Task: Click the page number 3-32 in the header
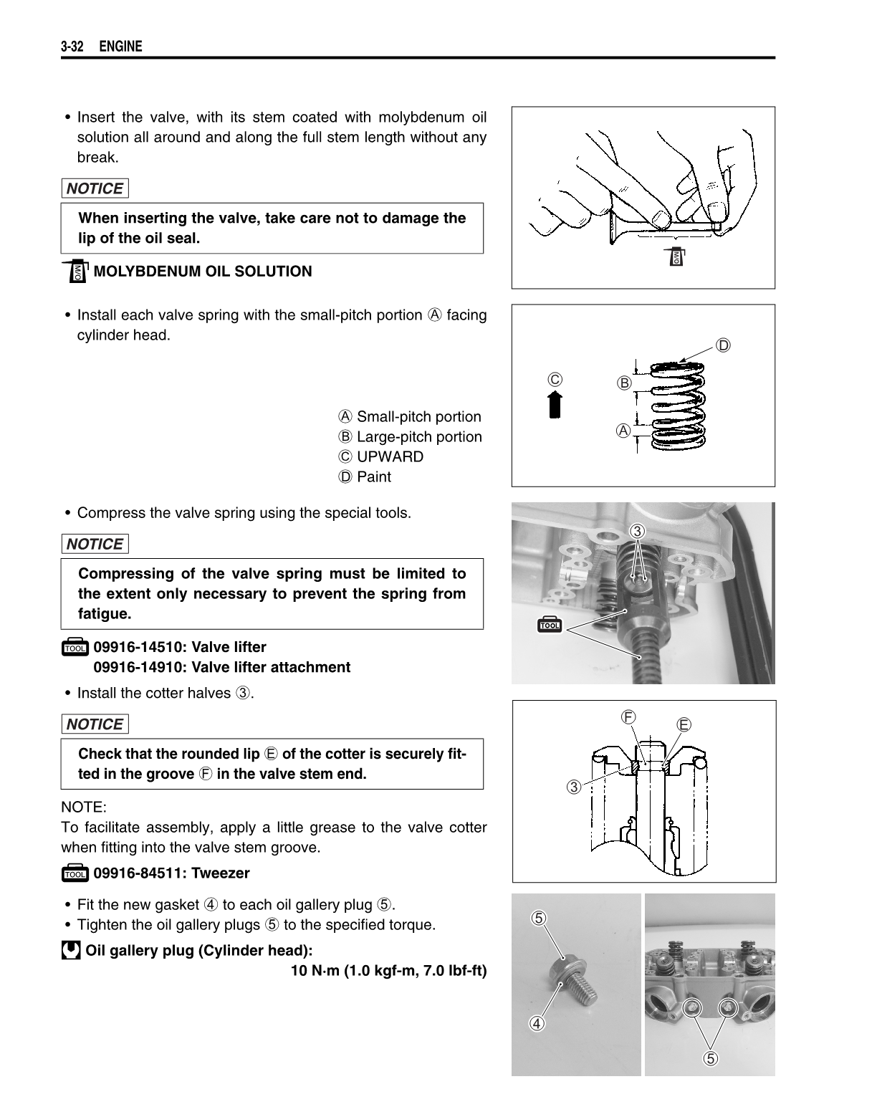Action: (x=72, y=47)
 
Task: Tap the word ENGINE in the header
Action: (x=120, y=47)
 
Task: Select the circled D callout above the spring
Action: (x=724, y=345)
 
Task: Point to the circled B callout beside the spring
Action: (x=624, y=383)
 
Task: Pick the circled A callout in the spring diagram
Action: (x=624, y=431)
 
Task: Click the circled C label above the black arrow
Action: (x=555, y=379)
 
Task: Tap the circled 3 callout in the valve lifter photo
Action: (x=638, y=531)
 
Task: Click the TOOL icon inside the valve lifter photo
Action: (x=550, y=624)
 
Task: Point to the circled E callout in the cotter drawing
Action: (x=684, y=724)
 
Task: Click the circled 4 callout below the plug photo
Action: (x=537, y=1022)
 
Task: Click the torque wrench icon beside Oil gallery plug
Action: (x=71, y=951)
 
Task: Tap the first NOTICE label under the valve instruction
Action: (x=95, y=189)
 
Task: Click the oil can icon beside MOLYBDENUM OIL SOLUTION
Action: (x=76, y=272)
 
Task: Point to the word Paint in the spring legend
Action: (x=374, y=477)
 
